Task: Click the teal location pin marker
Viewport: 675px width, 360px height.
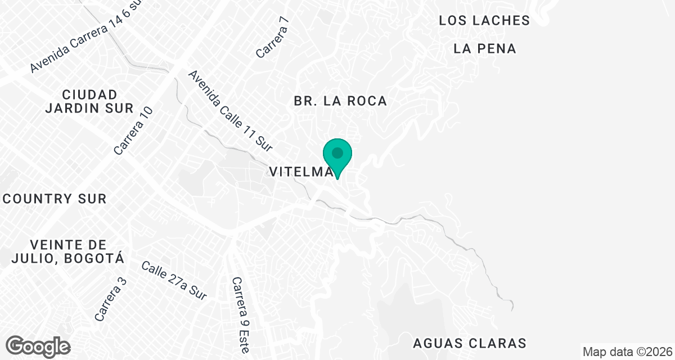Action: click(x=337, y=155)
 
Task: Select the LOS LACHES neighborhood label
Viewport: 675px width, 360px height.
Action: click(x=484, y=21)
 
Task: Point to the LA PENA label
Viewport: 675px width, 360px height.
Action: click(x=485, y=49)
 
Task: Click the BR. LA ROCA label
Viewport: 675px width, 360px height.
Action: click(x=340, y=101)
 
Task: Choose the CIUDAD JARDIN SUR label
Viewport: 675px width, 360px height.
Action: click(x=90, y=101)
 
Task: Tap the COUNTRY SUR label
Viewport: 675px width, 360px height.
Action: click(x=55, y=199)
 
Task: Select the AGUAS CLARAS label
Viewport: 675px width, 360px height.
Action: click(x=470, y=343)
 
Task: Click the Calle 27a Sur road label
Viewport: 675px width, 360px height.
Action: click(x=174, y=280)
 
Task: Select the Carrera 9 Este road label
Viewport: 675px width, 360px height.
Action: click(x=240, y=315)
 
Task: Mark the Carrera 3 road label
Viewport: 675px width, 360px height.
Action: click(x=111, y=299)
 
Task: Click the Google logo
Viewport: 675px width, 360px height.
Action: click(x=38, y=346)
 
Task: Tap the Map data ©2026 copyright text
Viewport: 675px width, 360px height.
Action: click(x=627, y=352)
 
